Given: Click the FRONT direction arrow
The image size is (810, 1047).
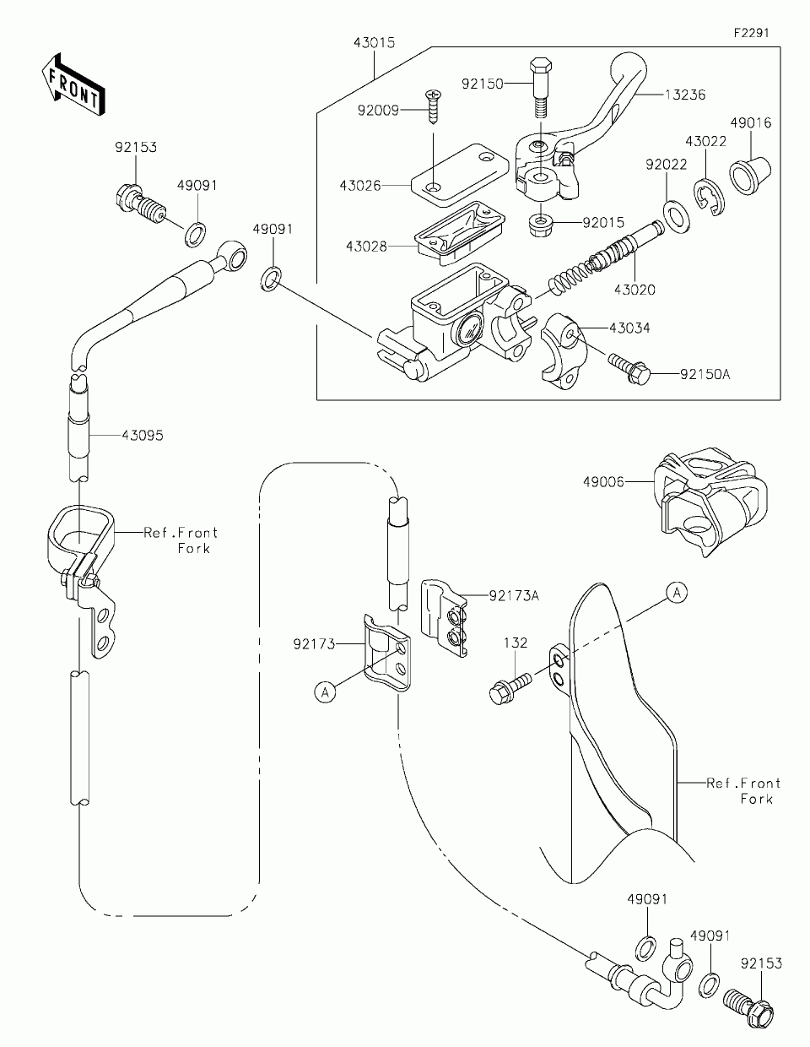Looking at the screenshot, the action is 73,85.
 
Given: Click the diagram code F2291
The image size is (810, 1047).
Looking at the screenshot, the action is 751,33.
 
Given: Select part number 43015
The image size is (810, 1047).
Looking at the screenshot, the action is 374,43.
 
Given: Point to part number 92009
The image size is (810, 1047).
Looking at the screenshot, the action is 378,111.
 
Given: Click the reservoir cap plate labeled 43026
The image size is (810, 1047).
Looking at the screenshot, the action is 460,175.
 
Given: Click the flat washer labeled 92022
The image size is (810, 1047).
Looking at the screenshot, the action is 676,217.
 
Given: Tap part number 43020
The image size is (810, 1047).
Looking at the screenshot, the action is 634,290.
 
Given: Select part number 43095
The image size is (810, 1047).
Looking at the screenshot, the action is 143,436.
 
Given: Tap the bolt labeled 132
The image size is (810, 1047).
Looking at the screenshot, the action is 510,687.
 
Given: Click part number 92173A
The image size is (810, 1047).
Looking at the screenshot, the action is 514,596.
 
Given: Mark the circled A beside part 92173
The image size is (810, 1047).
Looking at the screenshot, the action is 326,692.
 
